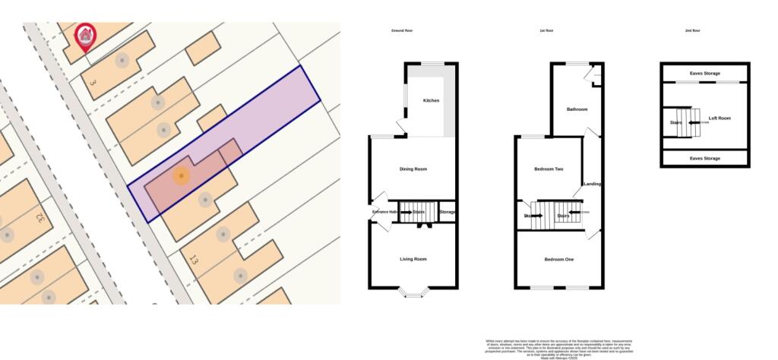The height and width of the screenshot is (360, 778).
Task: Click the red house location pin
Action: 86,36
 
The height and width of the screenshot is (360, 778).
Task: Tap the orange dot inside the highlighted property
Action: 181,176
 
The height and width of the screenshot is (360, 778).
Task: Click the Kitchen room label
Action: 431,101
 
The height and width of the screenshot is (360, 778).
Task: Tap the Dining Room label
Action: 413,169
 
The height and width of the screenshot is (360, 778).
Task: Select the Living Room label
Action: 413,259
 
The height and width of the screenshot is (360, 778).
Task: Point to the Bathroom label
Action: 577,109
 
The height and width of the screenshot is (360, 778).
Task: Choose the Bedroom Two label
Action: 548,169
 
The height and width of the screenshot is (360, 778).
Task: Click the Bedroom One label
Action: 559,259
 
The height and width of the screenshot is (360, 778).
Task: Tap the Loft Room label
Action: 719,118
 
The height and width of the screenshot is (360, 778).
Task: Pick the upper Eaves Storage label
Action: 704,74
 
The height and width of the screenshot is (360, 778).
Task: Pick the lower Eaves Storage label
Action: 704,158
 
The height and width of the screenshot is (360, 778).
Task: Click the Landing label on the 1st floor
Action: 593,185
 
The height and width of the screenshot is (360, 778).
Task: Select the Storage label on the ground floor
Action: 448,212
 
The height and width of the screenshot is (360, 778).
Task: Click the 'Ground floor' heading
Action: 401,30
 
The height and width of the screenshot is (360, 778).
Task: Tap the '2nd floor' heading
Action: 692,30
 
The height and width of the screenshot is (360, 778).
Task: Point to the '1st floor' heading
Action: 547,30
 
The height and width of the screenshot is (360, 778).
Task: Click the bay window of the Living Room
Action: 413,292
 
